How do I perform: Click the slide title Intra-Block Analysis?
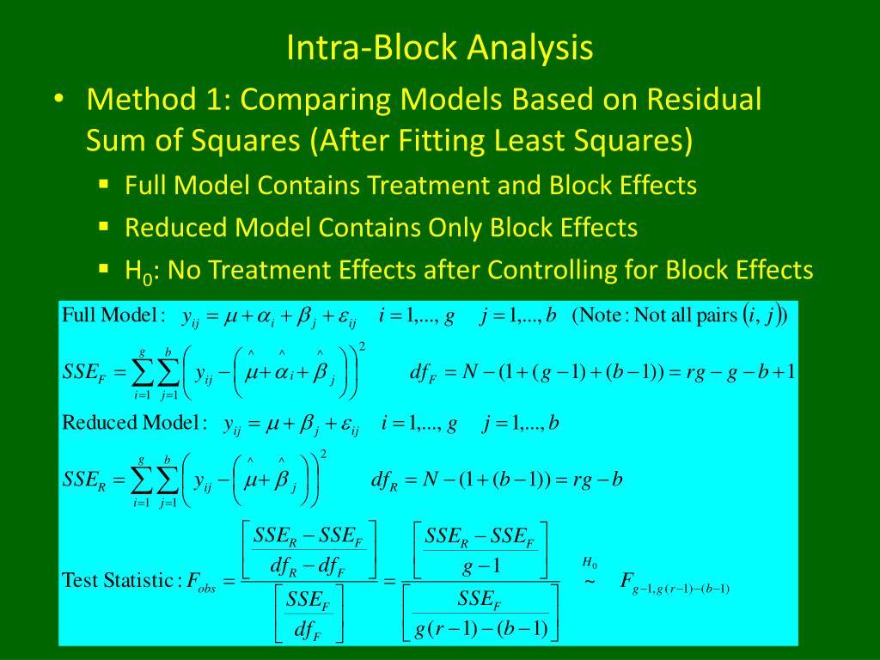click(439, 47)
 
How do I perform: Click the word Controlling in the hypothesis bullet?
click(567, 271)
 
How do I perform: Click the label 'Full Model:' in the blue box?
click(113, 315)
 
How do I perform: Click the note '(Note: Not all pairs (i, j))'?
click(680, 316)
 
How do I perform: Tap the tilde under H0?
click(590, 581)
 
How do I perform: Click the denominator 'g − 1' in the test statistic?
click(479, 565)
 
